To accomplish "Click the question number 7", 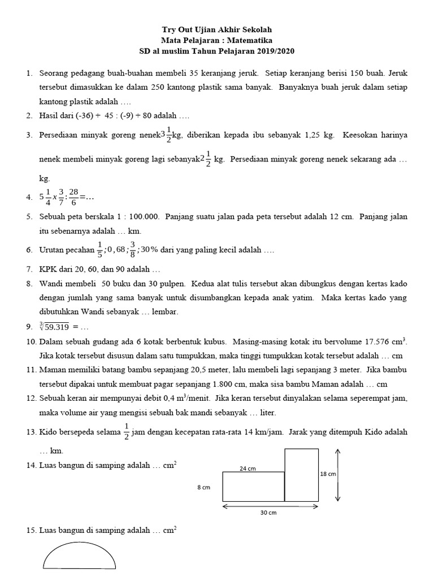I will click(28, 269).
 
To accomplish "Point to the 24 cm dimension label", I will click(248, 467).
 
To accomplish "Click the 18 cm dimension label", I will click(328, 474).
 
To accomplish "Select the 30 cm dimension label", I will click(268, 513).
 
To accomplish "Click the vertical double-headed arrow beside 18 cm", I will click(338, 475).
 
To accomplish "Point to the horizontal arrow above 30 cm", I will click(268, 506).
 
